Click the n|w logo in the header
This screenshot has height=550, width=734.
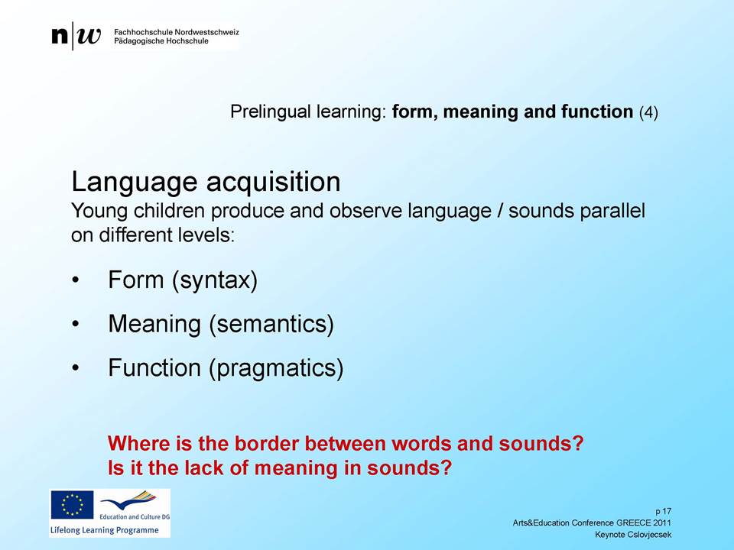click(x=76, y=36)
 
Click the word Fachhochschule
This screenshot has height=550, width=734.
click(x=143, y=32)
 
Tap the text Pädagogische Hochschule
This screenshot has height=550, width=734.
click(x=161, y=41)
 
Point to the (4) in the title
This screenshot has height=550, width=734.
click(x=649, y=112)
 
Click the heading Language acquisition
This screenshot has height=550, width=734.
click(x=206, y=182)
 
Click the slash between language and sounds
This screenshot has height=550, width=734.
click(x=500, y=211)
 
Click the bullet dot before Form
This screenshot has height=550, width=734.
click(x=76, y=280)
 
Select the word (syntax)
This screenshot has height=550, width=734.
click(x=215, y=280)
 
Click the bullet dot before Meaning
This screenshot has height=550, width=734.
click(x=76, y=324)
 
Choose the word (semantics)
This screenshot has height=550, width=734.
click(x=271, y=324)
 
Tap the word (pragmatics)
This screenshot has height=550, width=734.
click(x=276, y=368)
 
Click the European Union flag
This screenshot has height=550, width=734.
click(x=72, y=505)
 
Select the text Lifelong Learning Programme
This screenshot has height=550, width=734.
click(x=105, y=530)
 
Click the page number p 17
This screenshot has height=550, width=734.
click(x=664, y=511)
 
